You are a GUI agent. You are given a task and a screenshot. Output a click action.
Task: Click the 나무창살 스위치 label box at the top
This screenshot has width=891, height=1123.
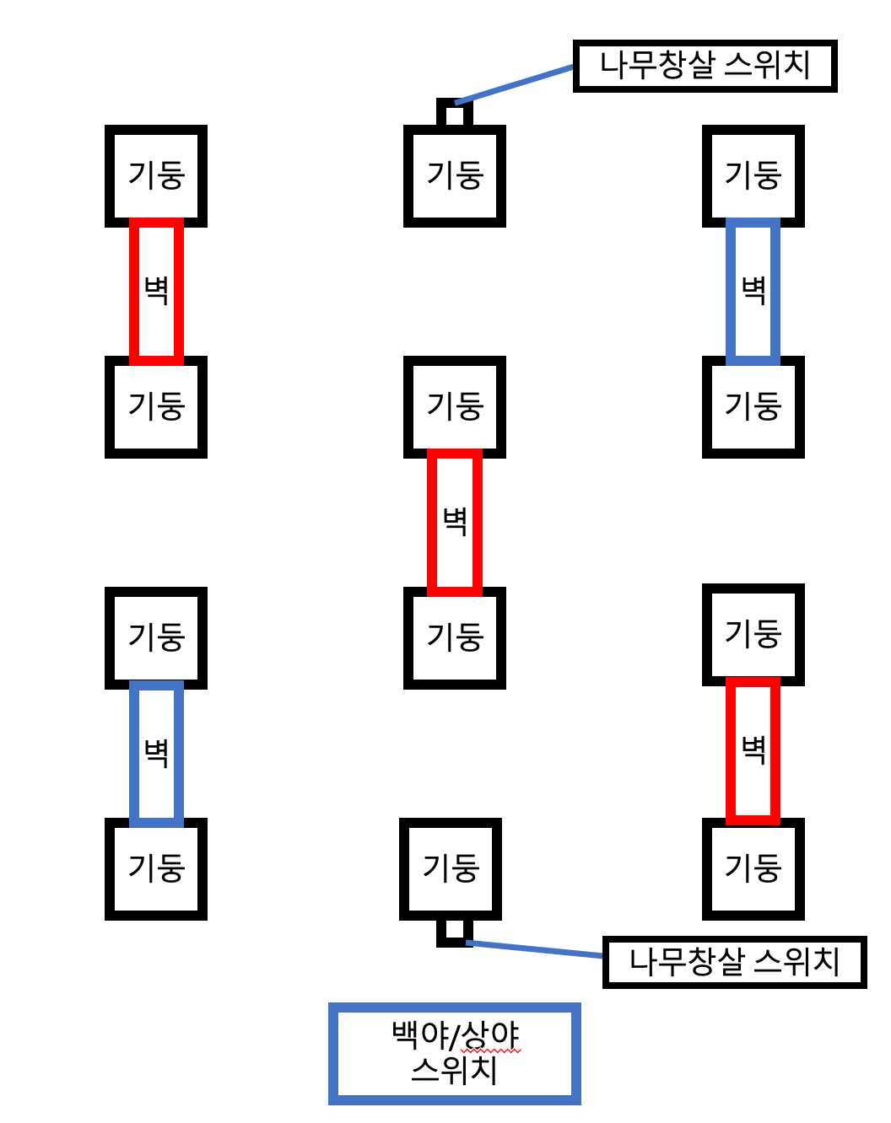coord(705,66)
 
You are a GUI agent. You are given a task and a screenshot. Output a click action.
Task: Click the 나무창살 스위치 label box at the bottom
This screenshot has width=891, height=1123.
coord(734,962)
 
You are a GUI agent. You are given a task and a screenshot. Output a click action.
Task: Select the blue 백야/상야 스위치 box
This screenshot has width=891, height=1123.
coord(454,1053)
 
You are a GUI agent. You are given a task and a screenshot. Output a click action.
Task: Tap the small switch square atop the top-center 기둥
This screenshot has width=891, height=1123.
coord(455,113)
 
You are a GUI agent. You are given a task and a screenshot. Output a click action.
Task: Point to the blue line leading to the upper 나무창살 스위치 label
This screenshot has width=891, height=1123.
coord(515,85)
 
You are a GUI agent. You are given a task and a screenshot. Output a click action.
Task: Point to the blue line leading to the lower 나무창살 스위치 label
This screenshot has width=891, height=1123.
coord(535,948)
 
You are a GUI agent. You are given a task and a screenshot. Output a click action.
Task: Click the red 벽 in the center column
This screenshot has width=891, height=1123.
coord(455,522)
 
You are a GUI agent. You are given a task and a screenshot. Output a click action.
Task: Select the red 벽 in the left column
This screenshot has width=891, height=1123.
coord(156,291)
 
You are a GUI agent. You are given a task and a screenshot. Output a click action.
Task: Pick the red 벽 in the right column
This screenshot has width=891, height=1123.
coord(753,750)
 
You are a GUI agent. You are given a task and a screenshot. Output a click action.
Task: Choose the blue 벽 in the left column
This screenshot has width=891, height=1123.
coord(156,752)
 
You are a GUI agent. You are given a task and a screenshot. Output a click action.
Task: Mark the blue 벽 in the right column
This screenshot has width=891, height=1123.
coord(753,291)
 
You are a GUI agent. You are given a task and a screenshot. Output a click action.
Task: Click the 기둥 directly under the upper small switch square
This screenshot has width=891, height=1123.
coord(455,176)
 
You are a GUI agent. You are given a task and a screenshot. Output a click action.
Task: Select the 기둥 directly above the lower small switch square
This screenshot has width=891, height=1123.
coord(451,868)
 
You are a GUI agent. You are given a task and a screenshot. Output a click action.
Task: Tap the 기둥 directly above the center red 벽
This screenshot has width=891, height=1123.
coord(455,406)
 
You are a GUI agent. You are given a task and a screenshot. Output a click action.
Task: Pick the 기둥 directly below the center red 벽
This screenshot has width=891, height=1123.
coord(455,637)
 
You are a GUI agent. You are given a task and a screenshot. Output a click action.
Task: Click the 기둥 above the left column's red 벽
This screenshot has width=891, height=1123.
coord(156,176)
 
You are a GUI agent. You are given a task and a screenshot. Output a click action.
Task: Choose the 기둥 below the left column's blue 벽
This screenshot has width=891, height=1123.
coord(156,868)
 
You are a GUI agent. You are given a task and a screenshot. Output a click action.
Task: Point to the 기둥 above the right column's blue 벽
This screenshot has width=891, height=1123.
coord(753,176)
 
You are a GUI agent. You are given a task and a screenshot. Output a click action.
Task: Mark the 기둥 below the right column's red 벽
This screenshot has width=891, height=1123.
coord(753,868)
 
